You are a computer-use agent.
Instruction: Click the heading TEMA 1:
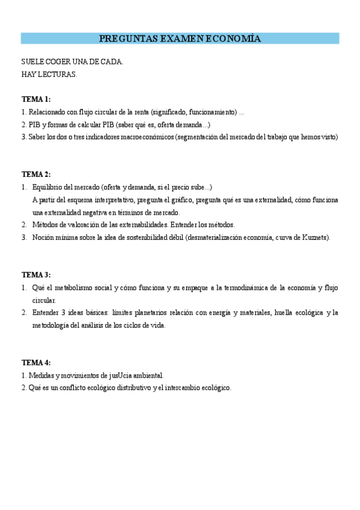(x=36, y=99)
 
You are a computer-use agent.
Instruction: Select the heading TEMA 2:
(x=36, y=174)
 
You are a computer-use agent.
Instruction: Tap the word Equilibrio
(x=51, y=187)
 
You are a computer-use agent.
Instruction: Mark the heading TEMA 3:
(x=36, y=275)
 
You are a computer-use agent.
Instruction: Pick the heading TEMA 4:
(x=36, y=363)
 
